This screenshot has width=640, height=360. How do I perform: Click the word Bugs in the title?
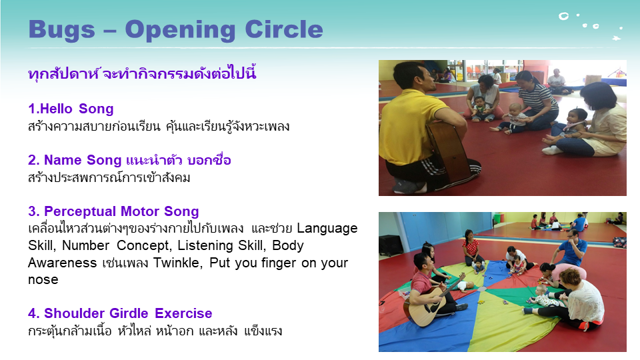61,31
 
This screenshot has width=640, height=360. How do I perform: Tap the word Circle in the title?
284,29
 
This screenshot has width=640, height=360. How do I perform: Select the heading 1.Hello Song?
71,109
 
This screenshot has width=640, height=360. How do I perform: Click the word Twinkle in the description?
177,263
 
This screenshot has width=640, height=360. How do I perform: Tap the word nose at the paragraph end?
43,280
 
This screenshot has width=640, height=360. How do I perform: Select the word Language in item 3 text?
327,229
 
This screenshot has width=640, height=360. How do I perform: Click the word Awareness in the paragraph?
63,263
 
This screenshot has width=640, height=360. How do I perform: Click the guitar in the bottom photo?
433,301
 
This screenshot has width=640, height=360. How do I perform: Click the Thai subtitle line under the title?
142,73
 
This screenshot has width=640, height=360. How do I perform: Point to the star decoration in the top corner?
616,39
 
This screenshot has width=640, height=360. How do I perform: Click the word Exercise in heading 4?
183,313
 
